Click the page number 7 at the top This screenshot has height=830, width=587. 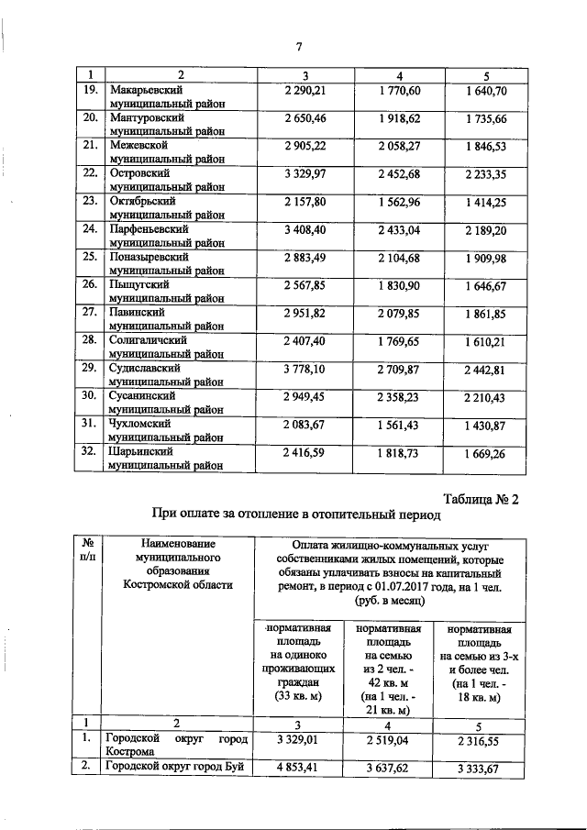(299, 48)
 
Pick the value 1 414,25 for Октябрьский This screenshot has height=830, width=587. (485, 201)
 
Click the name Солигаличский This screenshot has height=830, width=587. (149, 339)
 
